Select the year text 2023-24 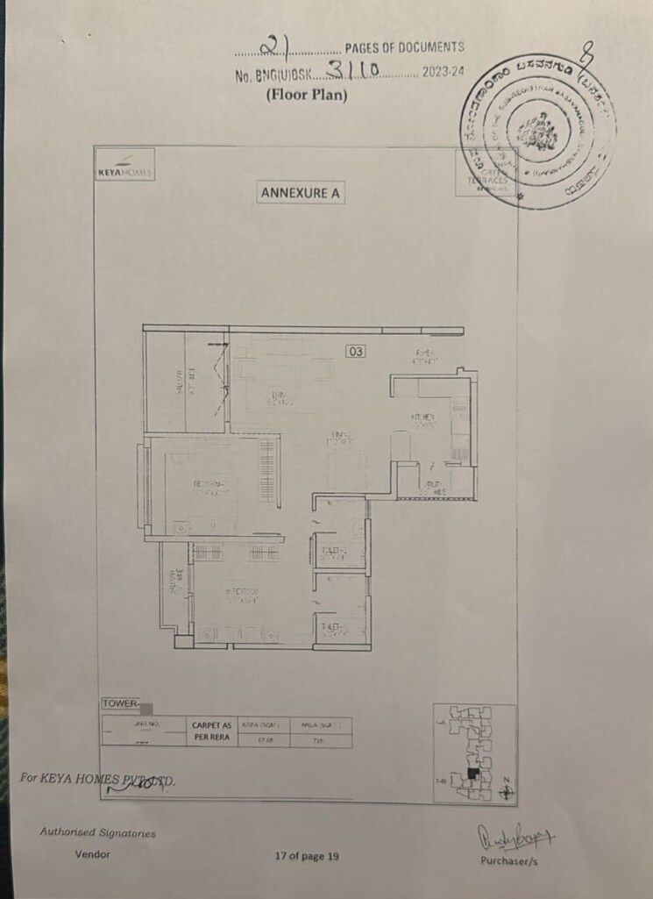[x=443, y=74]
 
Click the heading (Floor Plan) [x=306, y=95]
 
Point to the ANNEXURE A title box [x=301, y=193]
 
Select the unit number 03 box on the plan [x=355, y=351]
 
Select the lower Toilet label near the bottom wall [x=331, y=627]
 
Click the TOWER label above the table [x=120, y=703]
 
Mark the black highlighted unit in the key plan [x=473, y=774]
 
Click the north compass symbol [x=506, y=791]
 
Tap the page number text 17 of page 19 [x=306, y=856]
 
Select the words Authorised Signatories [x=97, y=832]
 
